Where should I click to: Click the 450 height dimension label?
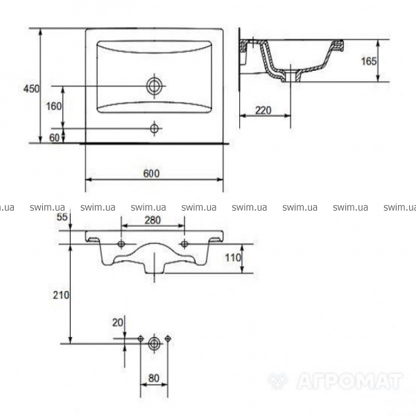[31, 89]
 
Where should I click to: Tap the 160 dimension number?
[54, 106]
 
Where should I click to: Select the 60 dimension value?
[54, 138]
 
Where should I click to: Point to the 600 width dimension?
[151, 173]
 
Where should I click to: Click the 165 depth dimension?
[369, 61]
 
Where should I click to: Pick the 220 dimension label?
[263, 110]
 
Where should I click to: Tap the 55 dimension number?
[62, 217]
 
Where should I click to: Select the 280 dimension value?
[153, 220]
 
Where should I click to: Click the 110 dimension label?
[233, 258]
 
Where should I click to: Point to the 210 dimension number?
[61, 295]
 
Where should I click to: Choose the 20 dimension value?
[118, 322]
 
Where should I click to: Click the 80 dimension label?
[154, 379]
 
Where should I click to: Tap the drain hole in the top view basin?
[154, 86]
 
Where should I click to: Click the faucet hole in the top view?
[154, 129]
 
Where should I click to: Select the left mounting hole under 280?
[121, 244]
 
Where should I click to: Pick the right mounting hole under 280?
[184, 244]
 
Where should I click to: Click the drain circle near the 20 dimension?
[154, 344]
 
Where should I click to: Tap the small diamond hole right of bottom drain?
[168, 338]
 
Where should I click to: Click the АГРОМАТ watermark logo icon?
[277, 381]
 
